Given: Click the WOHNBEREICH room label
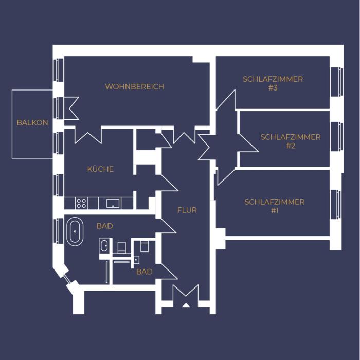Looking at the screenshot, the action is tap(135, 86).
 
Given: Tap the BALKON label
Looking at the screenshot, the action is tap(32, 122).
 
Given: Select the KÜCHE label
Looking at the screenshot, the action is tap(100, 169).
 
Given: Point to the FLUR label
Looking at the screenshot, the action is tap(187, 210).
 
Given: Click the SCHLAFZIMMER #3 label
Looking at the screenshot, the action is tap(273, 83).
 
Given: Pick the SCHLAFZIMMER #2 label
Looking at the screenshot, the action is tap(291, 141).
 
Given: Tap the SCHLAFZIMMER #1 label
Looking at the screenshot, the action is tap(274, 206).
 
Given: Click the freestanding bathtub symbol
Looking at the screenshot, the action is tap(75, 231).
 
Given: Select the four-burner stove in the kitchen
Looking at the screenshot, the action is tap(81, 203).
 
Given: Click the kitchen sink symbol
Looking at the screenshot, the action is tap(113, 203).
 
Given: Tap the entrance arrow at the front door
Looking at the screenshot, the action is tap(186, 305).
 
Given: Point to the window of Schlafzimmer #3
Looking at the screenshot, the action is tap(337, 82).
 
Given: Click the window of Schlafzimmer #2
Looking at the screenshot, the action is tap(337, 137).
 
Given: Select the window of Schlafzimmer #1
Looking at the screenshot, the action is tap(336, 204).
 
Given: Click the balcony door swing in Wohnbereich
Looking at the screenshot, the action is tap(71, 108).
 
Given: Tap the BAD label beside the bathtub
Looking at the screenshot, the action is tap(105, 226).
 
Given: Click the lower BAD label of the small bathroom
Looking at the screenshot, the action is tap(144, 272).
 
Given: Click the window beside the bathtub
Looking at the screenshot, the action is tap(58, 230).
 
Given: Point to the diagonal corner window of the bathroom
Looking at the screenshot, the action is tap(66, 279).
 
